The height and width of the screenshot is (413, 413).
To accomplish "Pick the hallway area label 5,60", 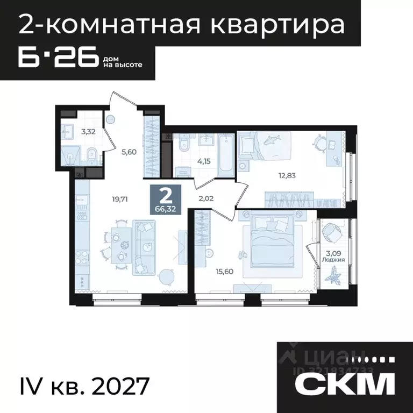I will [129, 152].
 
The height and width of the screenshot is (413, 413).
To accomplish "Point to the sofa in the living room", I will [145, 245].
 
